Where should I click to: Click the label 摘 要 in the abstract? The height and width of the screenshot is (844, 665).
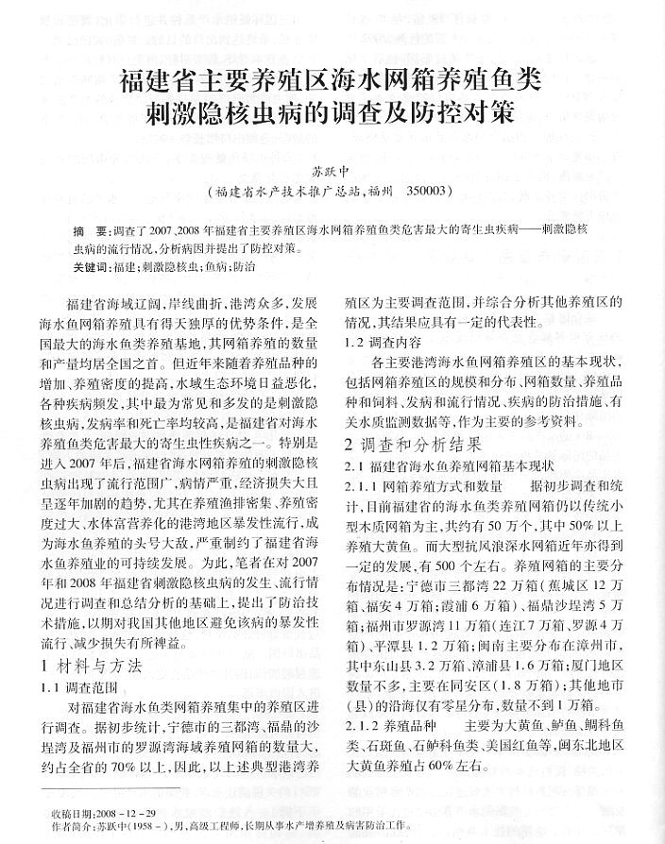(x=91, y=231)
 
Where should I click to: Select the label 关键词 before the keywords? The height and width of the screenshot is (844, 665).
(x=90, y=268)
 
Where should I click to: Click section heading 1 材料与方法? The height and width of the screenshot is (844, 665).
(x=92, y=665)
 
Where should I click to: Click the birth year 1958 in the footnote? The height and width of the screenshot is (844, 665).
(x=150, y=824)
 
